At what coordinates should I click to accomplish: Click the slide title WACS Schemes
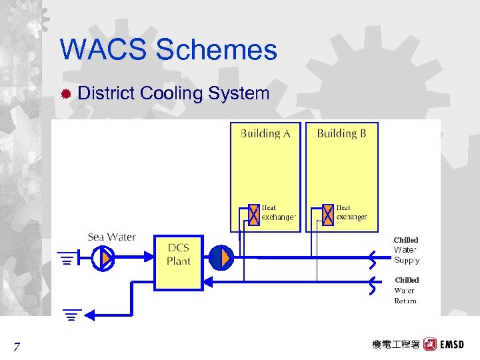(x=168, y=50)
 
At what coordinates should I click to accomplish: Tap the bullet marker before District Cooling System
(x=66, y=93)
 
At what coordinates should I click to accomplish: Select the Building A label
(x=265, y=133)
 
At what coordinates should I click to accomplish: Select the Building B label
(x=341, y=133)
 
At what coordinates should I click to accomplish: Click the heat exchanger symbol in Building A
(x=254, y=215)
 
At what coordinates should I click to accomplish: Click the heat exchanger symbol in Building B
(x=327, y=215)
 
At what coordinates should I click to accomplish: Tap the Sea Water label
(x=111, y=237)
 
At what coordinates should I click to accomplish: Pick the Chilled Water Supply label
(x=406, y=249)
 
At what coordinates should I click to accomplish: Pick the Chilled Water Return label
(x=406, y=290)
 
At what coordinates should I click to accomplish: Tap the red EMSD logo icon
(x=430, y=345)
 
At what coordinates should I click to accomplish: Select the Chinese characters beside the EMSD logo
(x=396, y=345)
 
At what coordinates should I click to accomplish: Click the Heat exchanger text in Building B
(x=351, y=212)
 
